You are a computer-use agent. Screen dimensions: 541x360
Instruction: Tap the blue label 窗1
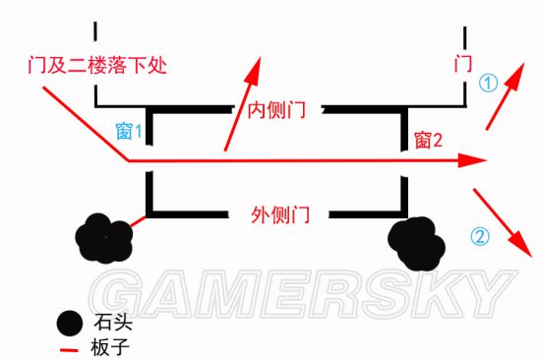click(x=131, y=129)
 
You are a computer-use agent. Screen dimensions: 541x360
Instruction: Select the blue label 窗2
click(x=430, y=141)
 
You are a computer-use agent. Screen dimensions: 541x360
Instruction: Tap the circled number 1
click(x=489, y=84)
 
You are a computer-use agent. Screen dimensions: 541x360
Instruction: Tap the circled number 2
click(x=479, y=236)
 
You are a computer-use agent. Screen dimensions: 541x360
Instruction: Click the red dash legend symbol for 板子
click(x=68, y=347)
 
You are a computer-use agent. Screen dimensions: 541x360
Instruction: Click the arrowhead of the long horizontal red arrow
click(x=478, y=159)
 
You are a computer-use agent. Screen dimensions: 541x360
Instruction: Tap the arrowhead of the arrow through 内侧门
click(x=255, y=68)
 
